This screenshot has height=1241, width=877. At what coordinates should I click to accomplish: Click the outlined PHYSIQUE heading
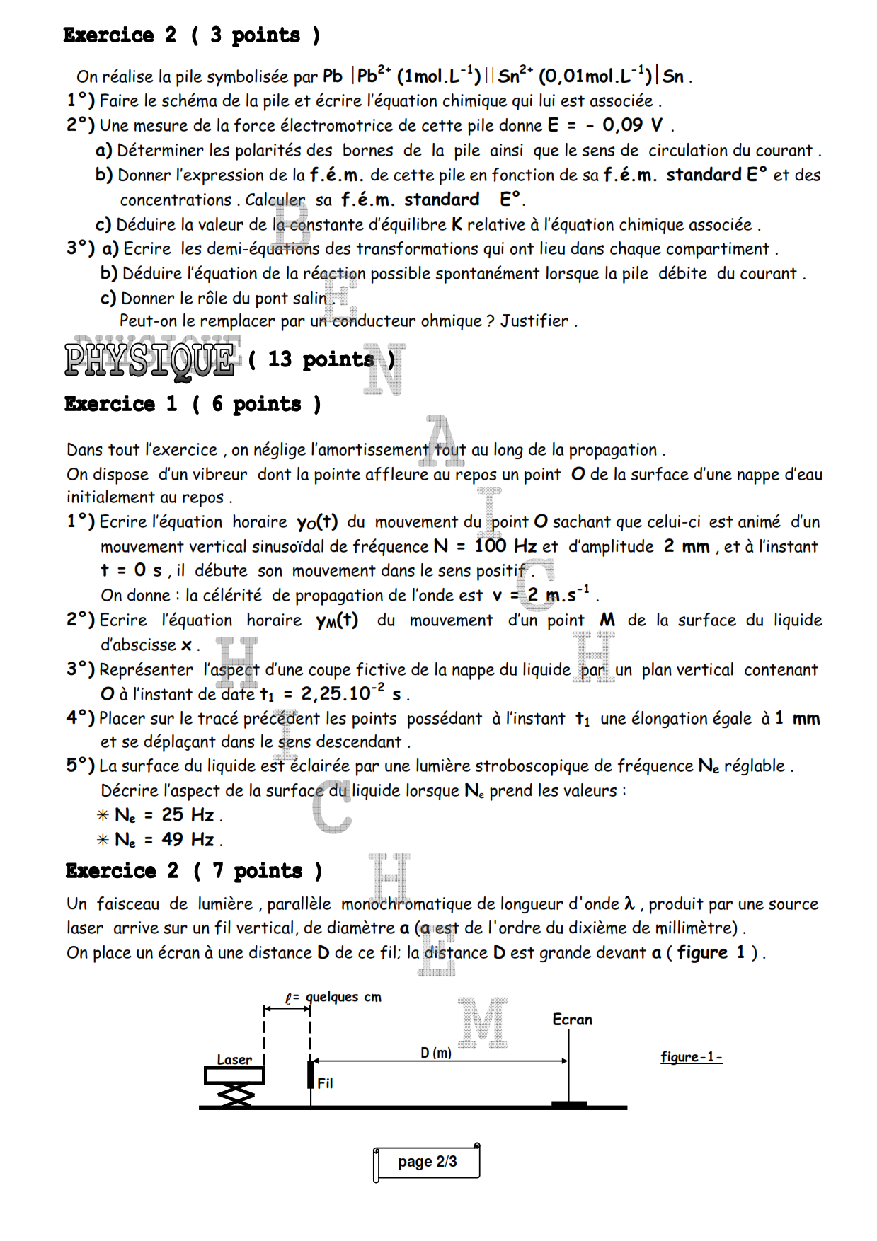click(x=150, y=359)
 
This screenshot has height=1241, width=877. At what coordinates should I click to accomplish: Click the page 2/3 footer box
click(x=427, y=1162)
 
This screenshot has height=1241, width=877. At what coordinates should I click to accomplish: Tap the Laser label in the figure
click(x=234, y=1059)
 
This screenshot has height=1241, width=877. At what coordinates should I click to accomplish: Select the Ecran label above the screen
click(x=572, y=1020)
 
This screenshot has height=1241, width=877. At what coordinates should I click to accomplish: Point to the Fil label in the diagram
click(x=325, y=1083)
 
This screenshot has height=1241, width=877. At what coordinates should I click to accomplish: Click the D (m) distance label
click(x=436, y=1053)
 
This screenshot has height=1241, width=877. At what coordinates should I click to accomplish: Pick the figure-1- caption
click(x=691, y=1057)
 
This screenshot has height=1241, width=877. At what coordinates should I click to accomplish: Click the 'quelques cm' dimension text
click(x=343, y=997)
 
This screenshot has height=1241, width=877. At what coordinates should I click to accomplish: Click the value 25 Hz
click(x=188, y=815)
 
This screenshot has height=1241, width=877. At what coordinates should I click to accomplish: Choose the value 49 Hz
click(x=188, y=840)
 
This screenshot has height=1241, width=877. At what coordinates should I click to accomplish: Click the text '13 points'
click(x=321, y=359)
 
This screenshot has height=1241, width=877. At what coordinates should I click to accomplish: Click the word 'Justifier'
click(x=534, y=321)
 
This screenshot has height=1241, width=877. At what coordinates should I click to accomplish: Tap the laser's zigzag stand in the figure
click(x=236, y=1095)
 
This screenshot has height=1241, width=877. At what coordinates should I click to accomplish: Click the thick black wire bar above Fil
click(x=311, y=1074)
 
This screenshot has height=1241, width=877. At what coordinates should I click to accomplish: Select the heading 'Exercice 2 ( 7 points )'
click(x=193, y=870)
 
